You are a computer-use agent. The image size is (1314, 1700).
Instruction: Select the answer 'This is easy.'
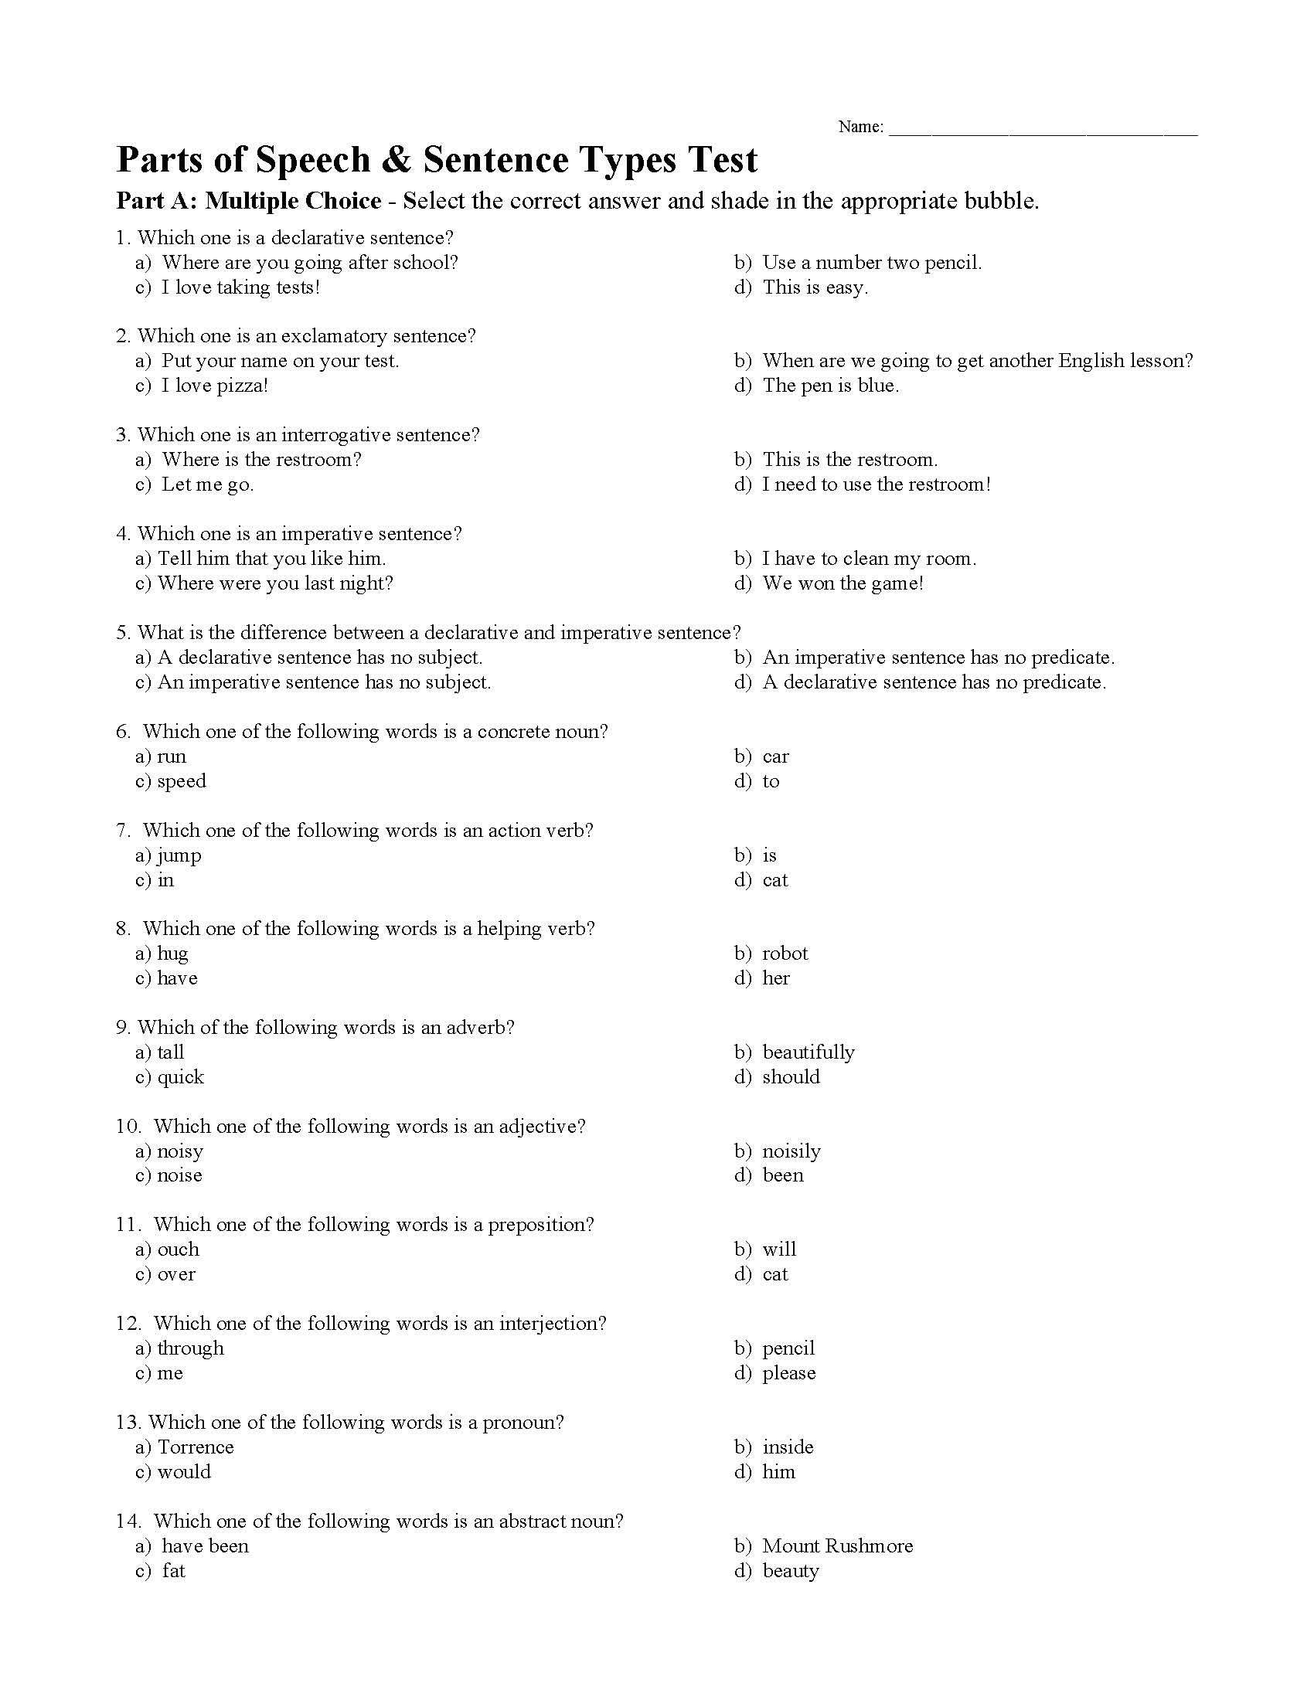tap(814, 287)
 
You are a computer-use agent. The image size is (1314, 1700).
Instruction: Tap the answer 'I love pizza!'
tap(214, 386)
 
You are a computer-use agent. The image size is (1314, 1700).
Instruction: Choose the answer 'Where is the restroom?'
tap(261, 459)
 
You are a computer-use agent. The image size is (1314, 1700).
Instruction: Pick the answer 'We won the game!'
tap(843, 583)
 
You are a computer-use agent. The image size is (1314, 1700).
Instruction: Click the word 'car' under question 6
tap(775, 756)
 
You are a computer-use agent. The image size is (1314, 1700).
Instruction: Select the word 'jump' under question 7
tap(179, 855)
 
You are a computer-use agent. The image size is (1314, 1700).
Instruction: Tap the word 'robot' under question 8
tap(785, 954)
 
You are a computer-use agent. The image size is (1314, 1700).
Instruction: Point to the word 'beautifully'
tap(808, 1052)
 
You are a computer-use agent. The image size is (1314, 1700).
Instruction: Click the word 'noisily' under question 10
tap(791, 1151)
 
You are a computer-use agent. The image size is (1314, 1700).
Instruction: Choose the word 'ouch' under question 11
tap(179, 1249)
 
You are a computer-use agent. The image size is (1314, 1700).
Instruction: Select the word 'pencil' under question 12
tap(788, 1348)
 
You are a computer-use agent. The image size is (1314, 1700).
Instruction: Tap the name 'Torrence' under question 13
tap(196, 1447)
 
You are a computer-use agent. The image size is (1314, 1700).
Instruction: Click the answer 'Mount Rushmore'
tap(837, 1546)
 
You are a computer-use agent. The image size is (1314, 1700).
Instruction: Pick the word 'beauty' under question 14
tap(790, 1571)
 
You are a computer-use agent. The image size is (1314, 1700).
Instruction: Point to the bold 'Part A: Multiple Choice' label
tap(248, 201)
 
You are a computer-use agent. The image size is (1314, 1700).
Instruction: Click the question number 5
tap(122, 633)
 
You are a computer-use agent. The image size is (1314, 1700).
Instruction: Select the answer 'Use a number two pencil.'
tap(872, 262)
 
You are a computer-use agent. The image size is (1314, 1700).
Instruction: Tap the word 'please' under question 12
tap(788, 1373)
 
